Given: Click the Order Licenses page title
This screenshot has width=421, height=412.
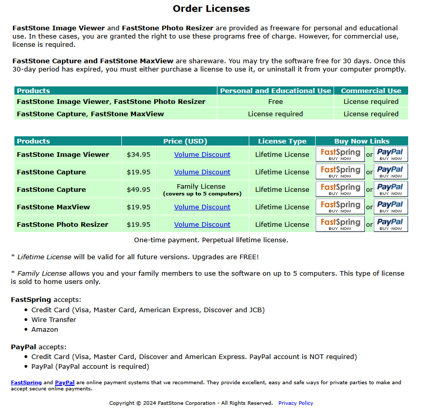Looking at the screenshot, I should [211, 9].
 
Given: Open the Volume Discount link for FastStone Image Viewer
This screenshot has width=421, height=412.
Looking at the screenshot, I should [202, 154].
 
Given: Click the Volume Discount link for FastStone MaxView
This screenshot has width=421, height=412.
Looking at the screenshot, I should [202, 207].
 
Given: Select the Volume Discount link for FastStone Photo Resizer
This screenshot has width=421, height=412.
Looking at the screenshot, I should [202, 224].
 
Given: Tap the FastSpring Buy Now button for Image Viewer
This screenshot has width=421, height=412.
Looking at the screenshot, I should [340, 154].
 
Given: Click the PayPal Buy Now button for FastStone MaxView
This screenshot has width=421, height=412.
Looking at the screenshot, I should [391, 207].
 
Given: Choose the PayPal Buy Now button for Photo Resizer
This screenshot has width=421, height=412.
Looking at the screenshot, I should [391, 224].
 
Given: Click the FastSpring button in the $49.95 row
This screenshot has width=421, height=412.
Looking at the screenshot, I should [340, 189].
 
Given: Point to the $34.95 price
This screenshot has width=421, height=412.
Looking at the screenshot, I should [139, 154].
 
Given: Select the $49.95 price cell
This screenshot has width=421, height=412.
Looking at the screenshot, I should [139, 189].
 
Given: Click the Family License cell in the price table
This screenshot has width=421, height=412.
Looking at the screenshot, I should [202, 189].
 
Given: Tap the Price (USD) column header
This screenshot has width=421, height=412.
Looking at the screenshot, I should [185, 141].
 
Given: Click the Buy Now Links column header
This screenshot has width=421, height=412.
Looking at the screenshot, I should [362, 141].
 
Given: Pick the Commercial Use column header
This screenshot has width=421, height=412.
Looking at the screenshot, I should [371, 91].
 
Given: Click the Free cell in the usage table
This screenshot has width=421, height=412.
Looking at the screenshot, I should [276, 102].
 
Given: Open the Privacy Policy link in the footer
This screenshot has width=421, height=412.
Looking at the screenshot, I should [296, 403].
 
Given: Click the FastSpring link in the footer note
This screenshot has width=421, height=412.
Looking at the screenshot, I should [26, 383].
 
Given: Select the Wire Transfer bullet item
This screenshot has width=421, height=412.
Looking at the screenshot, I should [53, 319].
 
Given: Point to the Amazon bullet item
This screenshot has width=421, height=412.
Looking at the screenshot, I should [45, 329].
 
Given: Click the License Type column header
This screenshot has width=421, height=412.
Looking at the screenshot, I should [282, 141].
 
